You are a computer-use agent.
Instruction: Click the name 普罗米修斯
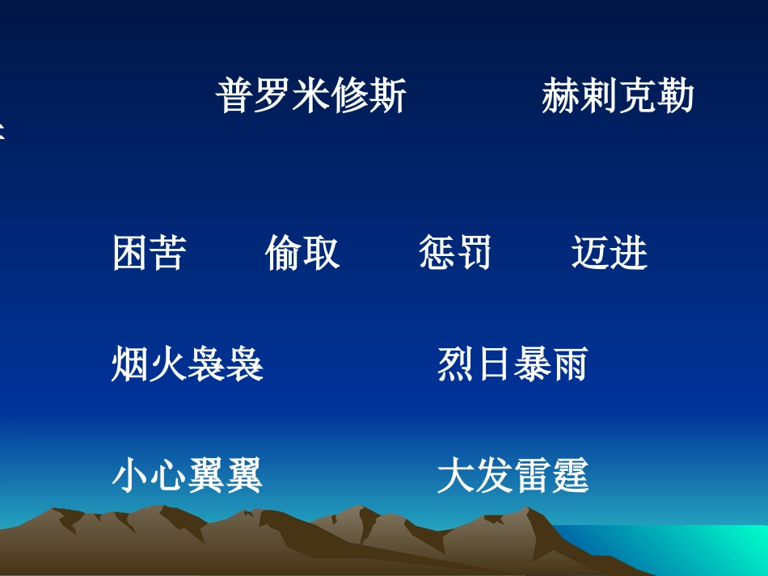click(x=311, y=96)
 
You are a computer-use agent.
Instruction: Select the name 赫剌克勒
click(x=618, y=96)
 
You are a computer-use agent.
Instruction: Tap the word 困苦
click(x=150, y=253)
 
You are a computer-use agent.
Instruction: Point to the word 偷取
click(x=302, y=253)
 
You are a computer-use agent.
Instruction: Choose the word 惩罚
click(x=455, y=253)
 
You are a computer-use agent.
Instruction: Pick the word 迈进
click(x=610, y=253)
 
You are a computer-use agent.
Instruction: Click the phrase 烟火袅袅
click(x=188, y=364)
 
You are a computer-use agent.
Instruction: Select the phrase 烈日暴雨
click(x=513, y=364)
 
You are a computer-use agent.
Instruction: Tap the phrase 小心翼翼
click(x=188, y=475)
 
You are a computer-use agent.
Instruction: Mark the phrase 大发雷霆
click(x=513, y=475)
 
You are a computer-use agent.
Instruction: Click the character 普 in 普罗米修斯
click(x=234, y=96)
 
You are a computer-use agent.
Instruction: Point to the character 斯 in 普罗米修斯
click(x=388, y=96)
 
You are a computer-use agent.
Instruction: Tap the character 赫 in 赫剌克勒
click(x=560, y=96)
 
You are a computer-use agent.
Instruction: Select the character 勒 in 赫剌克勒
click(x=676, y=96)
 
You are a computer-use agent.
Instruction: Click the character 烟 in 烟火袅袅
click(x=130, y=364)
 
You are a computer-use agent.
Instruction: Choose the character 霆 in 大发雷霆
click(x=570, y=475)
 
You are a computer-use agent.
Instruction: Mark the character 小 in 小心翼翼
click(x=130, y=475)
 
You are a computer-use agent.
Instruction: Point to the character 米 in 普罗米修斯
click(x=311, y=96)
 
